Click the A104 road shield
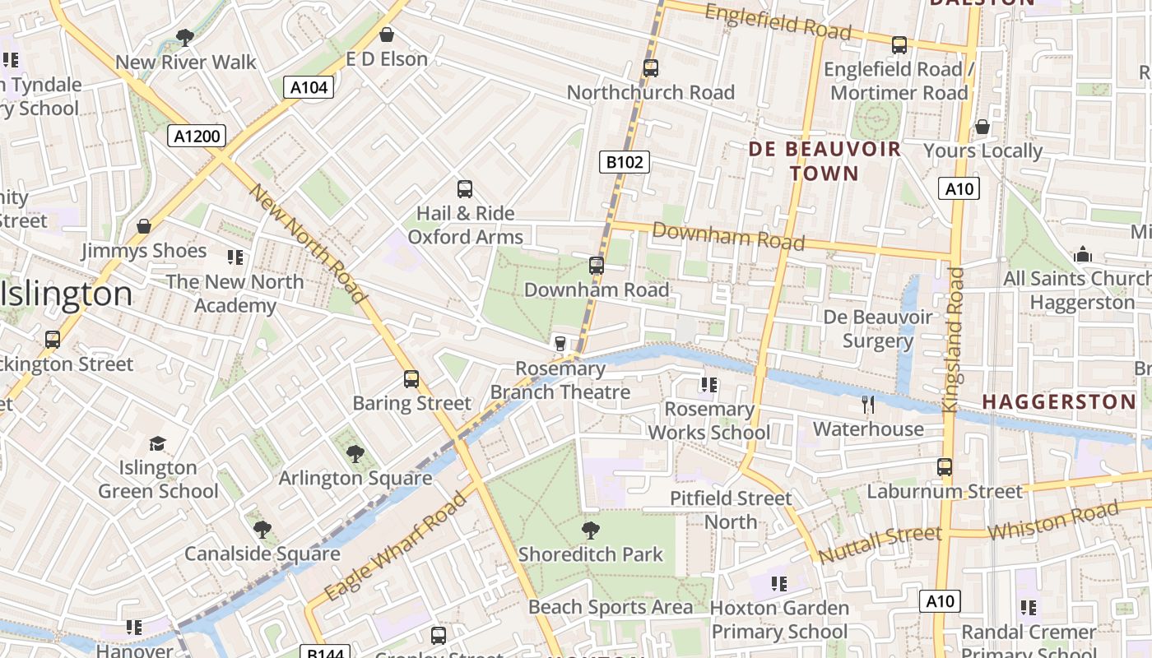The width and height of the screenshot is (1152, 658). tap(309, 87)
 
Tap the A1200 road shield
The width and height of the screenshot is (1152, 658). tap(197, 136)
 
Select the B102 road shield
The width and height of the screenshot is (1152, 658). tap(624, 162)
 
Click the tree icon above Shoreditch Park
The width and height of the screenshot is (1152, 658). tap(590, 530)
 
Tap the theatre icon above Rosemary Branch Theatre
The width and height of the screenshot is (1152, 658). tap(560, 343)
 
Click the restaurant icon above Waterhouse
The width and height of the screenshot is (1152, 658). tap(868, 404)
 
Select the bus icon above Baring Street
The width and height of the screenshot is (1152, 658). tap(411, 379)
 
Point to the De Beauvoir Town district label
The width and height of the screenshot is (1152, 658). tap(825, 161)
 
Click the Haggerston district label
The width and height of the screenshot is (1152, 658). tap(1059, 402)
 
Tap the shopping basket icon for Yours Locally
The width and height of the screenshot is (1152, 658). tap(982, 127)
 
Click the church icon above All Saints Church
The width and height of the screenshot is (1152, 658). tap(1083, 254)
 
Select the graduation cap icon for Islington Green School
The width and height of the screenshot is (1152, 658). tap(157, 443)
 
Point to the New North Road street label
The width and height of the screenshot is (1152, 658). tap(307, 243)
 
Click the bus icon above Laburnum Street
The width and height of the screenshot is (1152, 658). tap(945, 467)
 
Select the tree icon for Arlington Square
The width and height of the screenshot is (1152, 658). tap(355, 453)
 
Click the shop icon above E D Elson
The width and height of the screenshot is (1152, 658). tap(386, 35)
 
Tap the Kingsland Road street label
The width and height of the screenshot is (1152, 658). tap(955, 339)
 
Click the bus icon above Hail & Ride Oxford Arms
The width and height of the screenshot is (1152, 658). tap(465, 189)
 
